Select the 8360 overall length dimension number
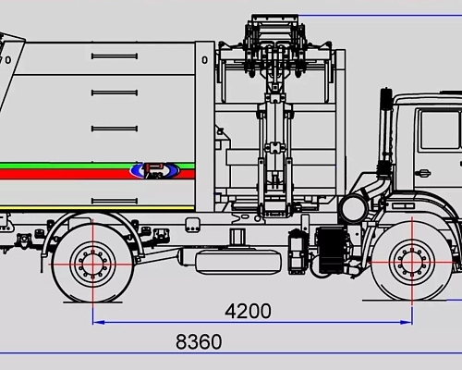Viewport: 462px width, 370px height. coord(198,342)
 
